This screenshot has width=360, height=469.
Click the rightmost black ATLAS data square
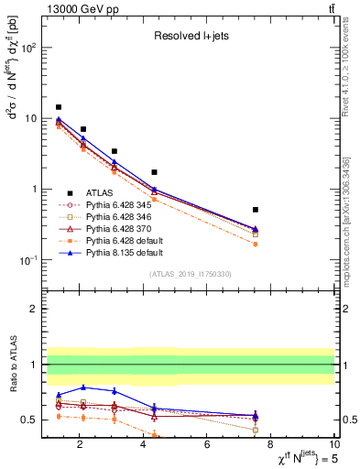pyautogui.click(x=256, y=210)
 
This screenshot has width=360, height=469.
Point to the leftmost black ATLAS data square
pyautogui.click(x=59, y=107)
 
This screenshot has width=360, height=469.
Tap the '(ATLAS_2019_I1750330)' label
pyautogui.click(x=190, y=274)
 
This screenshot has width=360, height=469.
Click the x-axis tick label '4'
pyautogui.click(x=143, y=444)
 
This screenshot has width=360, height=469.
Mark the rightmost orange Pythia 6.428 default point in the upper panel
pyautogui.click(x=256, y=244)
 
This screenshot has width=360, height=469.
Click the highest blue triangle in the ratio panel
pyautogui.click(x=83, y=387)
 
